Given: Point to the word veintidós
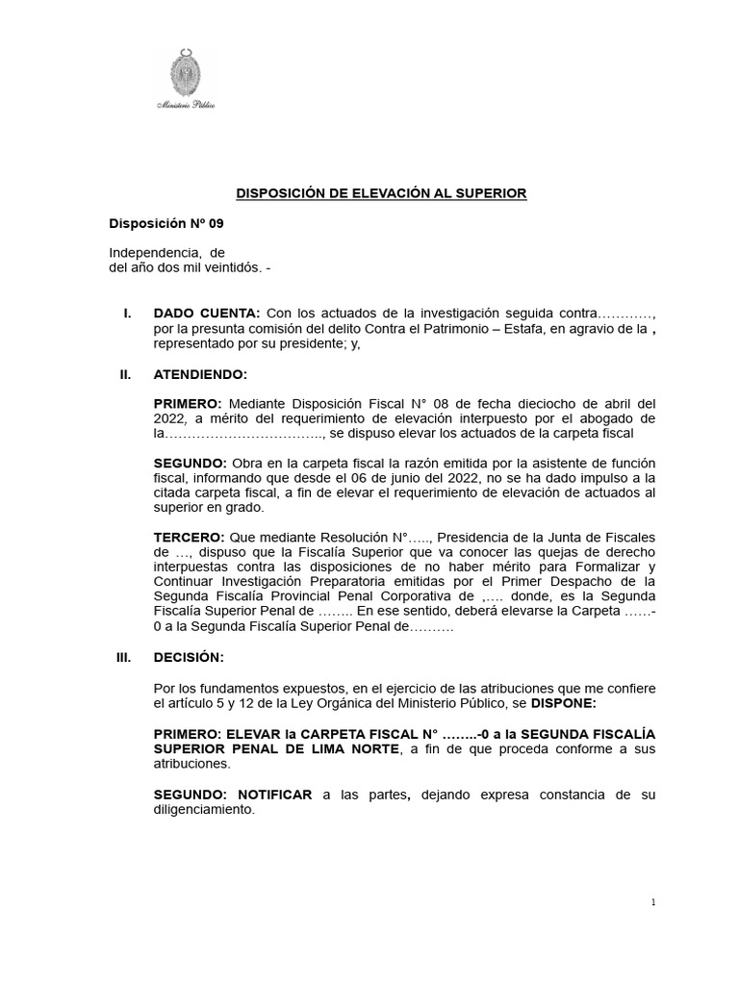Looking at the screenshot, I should click(228, 267).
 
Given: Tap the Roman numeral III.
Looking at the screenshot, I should click(122, 657).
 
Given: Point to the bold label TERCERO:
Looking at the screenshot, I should click(190, 537).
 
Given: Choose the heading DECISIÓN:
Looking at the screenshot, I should click(189, 657).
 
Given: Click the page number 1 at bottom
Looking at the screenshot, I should click(652, 902).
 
